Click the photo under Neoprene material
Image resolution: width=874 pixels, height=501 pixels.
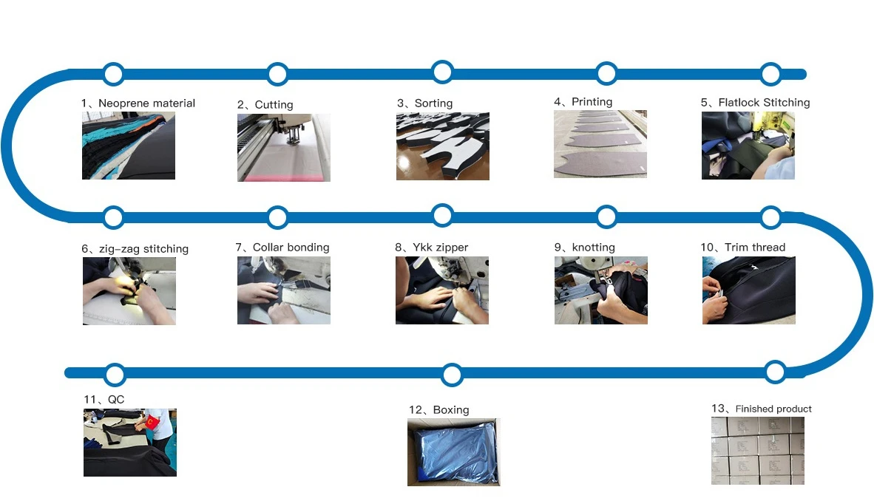128,146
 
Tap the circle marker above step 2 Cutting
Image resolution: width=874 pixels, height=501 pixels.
277,74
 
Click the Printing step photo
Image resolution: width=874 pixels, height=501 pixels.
600,144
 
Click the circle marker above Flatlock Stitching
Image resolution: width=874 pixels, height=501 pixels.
770,74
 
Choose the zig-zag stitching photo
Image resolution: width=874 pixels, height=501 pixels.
129,291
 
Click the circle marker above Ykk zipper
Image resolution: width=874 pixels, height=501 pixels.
442,216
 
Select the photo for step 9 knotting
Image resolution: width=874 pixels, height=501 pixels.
600,290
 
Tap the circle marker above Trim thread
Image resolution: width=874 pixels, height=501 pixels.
770,217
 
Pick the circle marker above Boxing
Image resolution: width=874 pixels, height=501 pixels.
452,375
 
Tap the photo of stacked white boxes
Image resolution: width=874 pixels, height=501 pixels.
757,451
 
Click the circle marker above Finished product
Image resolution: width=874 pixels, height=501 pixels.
775,371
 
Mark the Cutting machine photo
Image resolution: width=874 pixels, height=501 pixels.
283,147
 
